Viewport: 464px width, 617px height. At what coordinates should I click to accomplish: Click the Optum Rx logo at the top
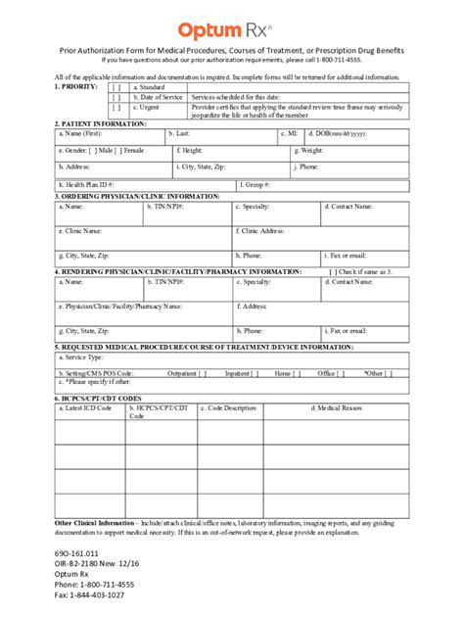[231, 30]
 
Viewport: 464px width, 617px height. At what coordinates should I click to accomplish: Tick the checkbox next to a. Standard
[116, 88]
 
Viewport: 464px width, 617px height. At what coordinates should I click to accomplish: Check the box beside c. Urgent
[116, 108]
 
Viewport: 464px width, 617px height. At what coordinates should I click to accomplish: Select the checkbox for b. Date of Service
[116, 98]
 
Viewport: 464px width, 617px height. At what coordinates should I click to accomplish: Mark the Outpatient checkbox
[202, 373]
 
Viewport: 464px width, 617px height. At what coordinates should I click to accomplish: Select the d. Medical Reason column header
[364, 408]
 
